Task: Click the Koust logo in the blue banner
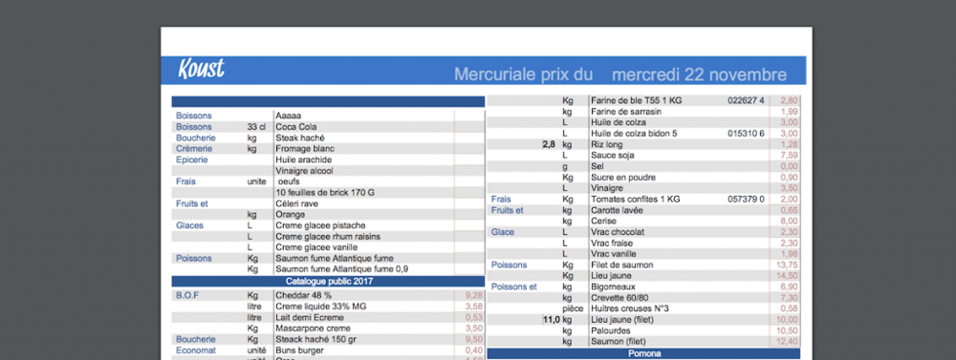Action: pyautogui.click(x=201, y=69)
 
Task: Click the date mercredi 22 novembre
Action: pyautogui.click(x=699, y=74)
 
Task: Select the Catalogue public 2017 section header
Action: pyautogui.click(x=328, y=281)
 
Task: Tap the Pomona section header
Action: pyautogui.click(x=644, y=353)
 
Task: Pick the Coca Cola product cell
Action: pyautogui.click(x=297, y=127)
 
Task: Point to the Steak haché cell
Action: pyautogui.click(x=299, y=138)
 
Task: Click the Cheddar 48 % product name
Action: pyautogui.click(x=303, y=295)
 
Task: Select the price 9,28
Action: pyautogui.click(x=474, y=295)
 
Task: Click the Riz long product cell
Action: pyautogui.click(x=607, y=144)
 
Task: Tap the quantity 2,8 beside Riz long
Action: pyautogui.click(x=549, y=144)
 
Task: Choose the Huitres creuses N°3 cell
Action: pyautogui.click(x=630, y=308)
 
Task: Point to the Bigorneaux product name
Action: pyautogui.click(x=615, y=287)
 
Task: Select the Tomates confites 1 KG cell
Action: pyautogui.click(x=635, y=199)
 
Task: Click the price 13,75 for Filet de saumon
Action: pyautogui.click(x=786, y=264)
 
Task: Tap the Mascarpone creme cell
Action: pyautogui.click(x=311, y=329)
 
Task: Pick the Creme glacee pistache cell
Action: pyautogui.click(x=320, y=225)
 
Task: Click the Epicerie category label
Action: pyautogui.click(x=191, y=159)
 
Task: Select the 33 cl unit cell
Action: pyautogui.click(x=256, y=127)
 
